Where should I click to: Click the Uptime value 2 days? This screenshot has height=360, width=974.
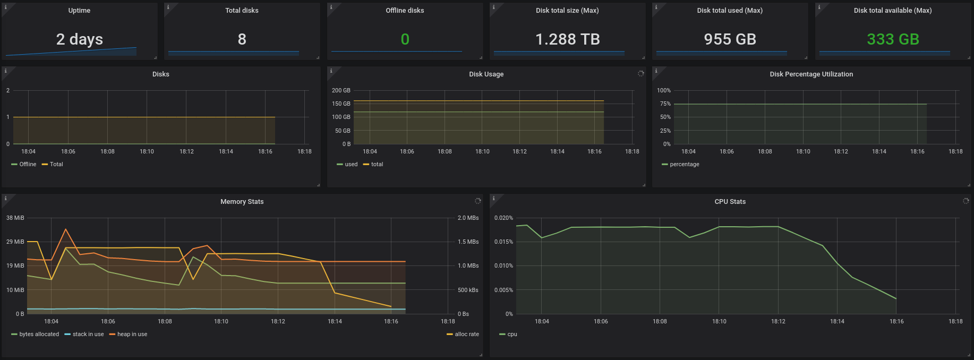tap(80, 39)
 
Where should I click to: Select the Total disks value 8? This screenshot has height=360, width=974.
tap(242, 39)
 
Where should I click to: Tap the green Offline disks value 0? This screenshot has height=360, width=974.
tap(405, 39)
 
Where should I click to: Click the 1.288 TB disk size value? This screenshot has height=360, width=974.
tap(567, 39)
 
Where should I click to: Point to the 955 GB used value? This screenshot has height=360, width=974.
tap(730, 39)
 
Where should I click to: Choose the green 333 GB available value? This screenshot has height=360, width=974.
tap(893, 39)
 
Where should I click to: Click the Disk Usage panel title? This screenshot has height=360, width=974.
tap(486, 74)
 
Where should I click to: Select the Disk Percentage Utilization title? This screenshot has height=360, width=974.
tap(811, 74)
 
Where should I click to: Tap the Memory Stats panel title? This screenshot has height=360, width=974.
tap(242, 202)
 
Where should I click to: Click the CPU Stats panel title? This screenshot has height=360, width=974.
tap(730, 202)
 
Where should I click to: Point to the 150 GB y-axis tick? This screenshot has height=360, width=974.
tap(341, 104)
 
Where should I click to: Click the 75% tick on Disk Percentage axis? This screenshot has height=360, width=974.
tap(665, 104)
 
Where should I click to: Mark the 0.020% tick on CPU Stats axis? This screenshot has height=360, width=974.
tap(503, 218)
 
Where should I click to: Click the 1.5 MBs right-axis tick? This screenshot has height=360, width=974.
tap(468, 242)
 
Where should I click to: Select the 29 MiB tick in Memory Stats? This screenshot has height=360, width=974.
tap(15, 242)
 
